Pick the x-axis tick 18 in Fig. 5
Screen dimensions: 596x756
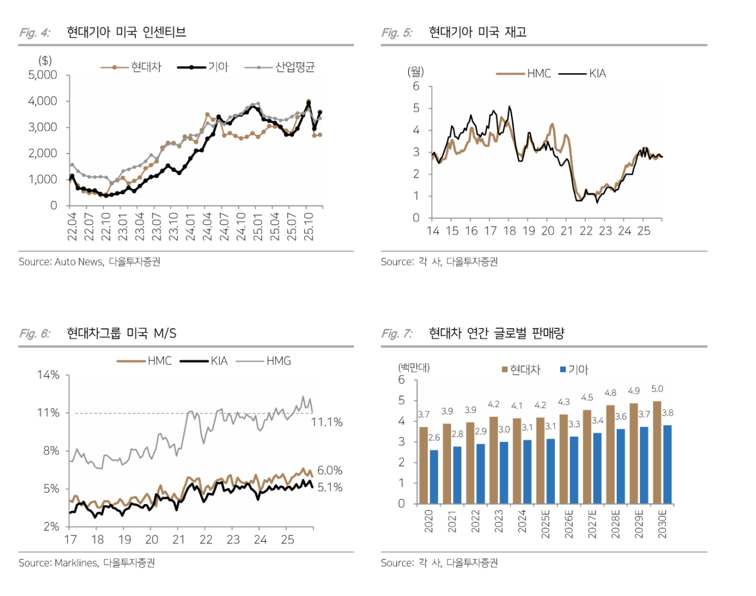(x=509, y=231)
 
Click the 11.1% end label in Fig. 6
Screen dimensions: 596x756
(x=327, y=422)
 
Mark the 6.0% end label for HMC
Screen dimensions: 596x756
(x=329, y=470)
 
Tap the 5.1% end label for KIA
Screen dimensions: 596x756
(x=329, y=487)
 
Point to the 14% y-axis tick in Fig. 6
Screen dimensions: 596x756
(x=48, y=375)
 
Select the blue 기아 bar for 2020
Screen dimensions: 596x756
(x=434, y=477)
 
